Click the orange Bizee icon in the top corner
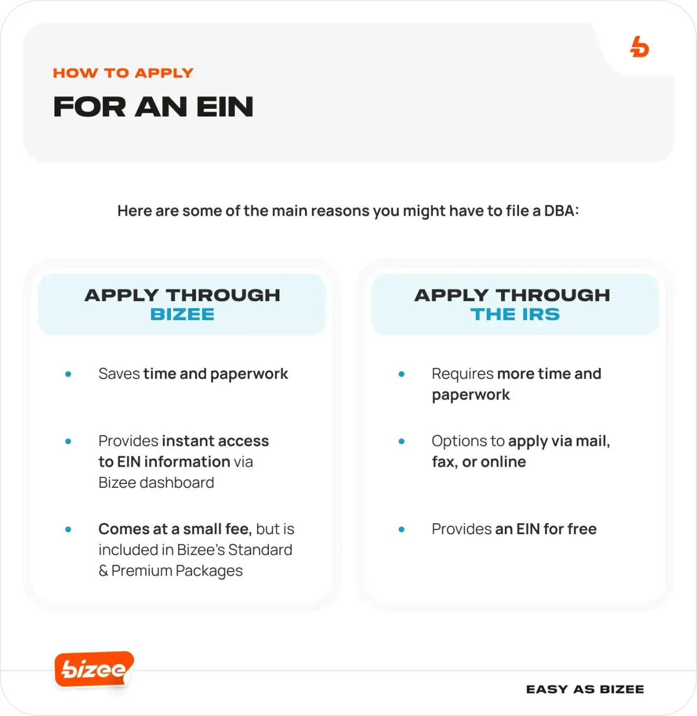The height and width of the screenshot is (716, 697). pyautogui.click(x=639, y=47)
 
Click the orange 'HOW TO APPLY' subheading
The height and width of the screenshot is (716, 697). pyautogui.click(x=123, y=73)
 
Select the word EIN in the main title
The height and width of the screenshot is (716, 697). pyautogui.click(x=225, y=107)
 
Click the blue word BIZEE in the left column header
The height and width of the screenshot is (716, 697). pyautogui.click(x=182, y=314)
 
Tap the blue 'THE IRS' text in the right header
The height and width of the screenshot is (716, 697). pyautogui.click(x=515, y=314)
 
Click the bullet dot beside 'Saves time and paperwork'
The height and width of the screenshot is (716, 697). pyautogui.click(x=68, y=374)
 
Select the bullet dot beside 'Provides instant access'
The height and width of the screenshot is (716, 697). pyautogui.click(x=68, y=441)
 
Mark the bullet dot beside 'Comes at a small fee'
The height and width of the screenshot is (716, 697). pyautogui.click(x=68, y=529)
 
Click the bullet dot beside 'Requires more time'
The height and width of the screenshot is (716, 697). pyautogui.click(x=401, y=374)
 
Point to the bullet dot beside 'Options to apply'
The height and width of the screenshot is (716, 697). pyautogui.click(x=401, y=441)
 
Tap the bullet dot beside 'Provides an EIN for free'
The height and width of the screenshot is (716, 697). pyautogui.click(x=401, y=529)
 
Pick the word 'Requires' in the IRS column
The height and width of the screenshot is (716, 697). pyautogui.click(x=462, y=374)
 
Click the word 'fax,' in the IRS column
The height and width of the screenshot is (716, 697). pyautogui.click(x=444, y=462)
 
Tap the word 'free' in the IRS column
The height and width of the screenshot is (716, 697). pyautogui.click(x=582, y=529)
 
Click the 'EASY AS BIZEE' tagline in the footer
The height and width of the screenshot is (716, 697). pyautogui.click(x=585, y=689)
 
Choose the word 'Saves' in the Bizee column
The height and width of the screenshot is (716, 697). pyautogui.click(x=119, y=374)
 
